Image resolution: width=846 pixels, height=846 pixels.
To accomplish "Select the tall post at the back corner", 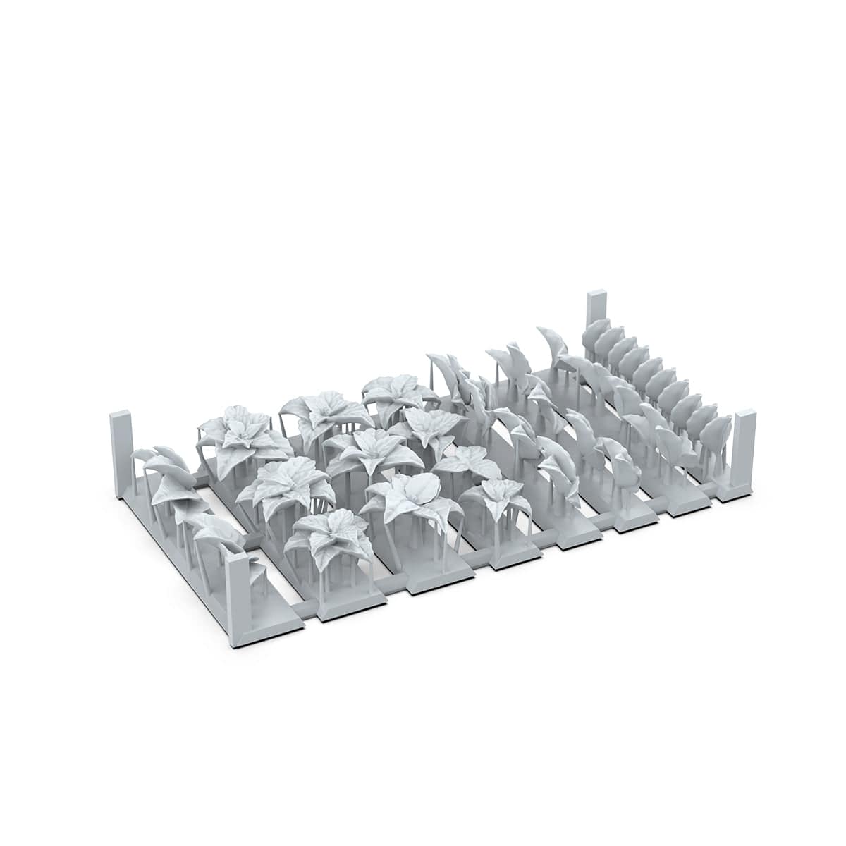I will tap(596, 314).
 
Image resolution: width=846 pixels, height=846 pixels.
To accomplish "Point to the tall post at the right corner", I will tap(743, 444).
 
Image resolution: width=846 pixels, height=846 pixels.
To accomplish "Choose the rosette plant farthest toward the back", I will tap(398, 391).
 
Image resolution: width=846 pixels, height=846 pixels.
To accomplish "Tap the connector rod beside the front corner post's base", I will tap(305, 608).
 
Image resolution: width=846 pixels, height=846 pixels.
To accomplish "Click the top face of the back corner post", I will tap(596, 292).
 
